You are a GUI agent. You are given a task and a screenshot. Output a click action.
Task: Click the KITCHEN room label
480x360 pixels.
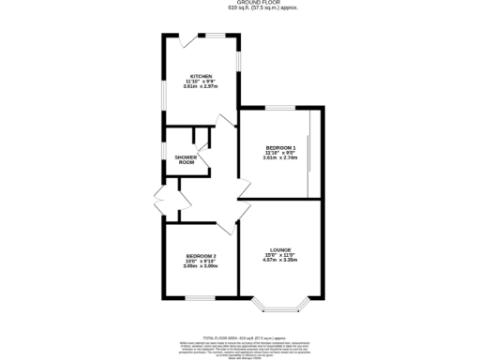click(201, 76)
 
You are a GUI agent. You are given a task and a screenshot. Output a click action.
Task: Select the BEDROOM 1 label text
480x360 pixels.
click(280, 148)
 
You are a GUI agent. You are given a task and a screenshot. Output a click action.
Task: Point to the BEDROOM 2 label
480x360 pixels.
click(201, 256)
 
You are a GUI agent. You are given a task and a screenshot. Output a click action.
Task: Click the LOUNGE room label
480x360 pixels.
click(281, 249)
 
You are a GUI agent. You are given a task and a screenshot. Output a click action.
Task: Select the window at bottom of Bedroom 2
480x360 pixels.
click(200, 299)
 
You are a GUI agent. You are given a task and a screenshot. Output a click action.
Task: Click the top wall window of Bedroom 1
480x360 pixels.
click(280, 108)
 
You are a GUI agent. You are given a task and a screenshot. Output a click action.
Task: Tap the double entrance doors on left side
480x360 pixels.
click(157, 200)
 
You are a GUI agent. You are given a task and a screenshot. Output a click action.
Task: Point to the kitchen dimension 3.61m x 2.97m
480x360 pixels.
click(201, 87)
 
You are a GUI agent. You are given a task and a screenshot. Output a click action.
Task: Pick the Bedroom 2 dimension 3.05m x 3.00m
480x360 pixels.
click(201, 267)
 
